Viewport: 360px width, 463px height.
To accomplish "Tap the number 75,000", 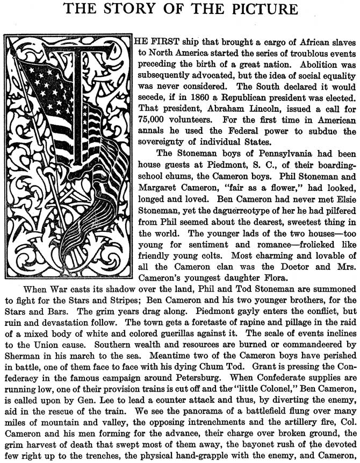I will [153, 124].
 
